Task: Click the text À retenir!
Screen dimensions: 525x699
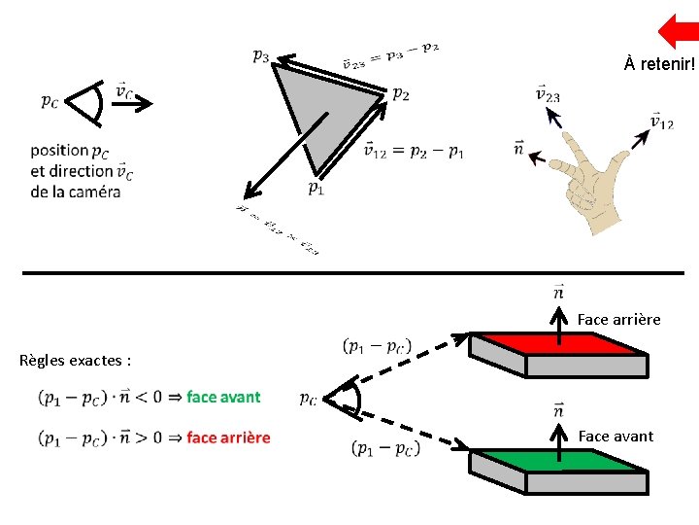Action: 660,65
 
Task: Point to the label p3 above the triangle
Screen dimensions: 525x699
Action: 261,55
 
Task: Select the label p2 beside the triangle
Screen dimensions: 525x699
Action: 400,93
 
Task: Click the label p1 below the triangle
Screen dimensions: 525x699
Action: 317,188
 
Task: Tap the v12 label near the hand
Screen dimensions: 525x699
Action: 661,122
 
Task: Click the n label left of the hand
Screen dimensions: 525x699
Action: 518,148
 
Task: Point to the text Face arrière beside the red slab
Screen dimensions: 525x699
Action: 618,319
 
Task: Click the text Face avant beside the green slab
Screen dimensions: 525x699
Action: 616,437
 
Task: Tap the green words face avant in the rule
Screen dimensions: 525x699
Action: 223,397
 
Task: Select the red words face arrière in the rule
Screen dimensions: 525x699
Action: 228,437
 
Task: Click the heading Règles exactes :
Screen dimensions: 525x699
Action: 75,361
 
